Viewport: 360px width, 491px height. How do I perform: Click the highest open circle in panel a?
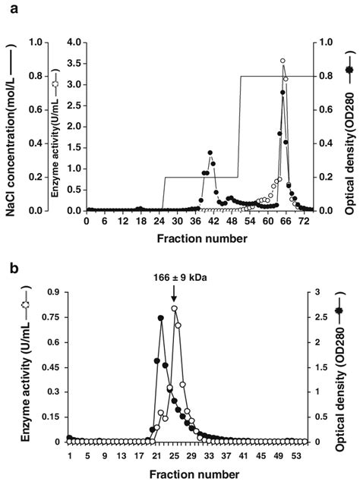click(x=283, y=61)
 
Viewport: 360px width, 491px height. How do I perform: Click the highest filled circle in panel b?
click(x=161, y=319)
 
